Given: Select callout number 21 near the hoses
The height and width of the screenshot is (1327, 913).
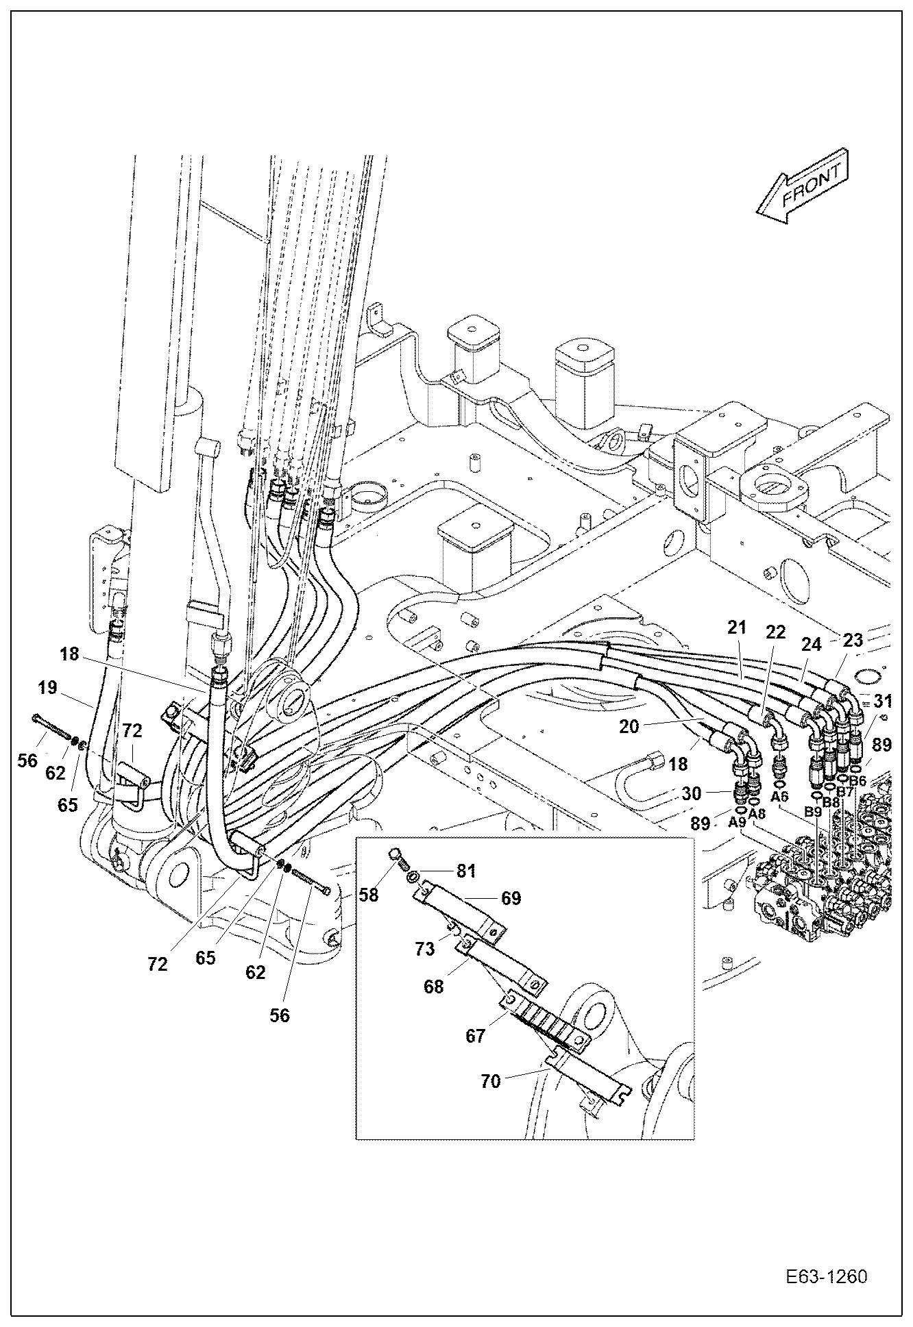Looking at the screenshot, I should [x=736, y=626].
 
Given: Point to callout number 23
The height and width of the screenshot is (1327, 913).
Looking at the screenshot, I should [x=853, y=641].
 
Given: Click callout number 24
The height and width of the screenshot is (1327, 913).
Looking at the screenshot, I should [x=811, y=645].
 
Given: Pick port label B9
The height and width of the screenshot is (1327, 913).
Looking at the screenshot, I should [x=813, y=811].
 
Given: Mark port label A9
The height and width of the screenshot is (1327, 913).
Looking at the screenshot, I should [x=738, y=822].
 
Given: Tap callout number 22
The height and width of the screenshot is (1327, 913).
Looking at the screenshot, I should [x=775, y=632].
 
